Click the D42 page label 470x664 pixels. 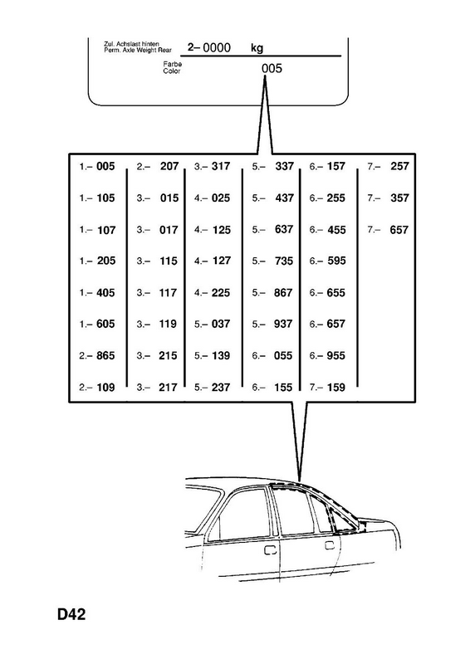coord(71,614)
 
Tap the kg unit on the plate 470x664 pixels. coord(257,48)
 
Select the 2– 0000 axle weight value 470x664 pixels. coord(209,47)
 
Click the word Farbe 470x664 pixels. coord(173,64)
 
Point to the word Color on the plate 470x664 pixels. coord(172,71)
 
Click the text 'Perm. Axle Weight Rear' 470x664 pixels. coord(138,51)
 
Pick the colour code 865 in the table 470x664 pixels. coord(105,355)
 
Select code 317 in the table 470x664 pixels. coord(221,166)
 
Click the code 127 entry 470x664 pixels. coord(222,261)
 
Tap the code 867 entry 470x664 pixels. coord(283,293)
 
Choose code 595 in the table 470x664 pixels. coord(336,261)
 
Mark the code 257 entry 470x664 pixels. coord(399,166)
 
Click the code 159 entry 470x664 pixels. coord(336,387)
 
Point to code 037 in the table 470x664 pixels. coord(221,324)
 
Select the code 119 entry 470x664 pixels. coord(168,324)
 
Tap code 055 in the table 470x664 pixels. coord(283,355)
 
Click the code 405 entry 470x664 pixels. coord(105,293)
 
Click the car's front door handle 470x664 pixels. coord(270,550)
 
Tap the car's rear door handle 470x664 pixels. coord(330,545)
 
